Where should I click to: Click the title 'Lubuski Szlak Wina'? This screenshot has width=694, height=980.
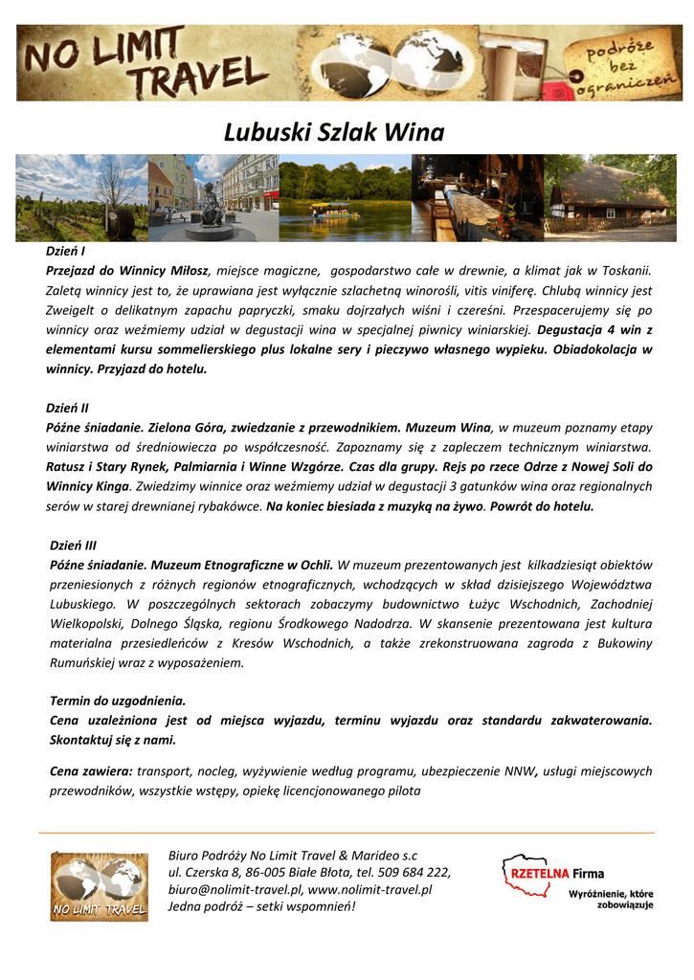[334, 132]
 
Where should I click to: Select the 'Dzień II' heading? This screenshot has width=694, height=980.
[67, 408]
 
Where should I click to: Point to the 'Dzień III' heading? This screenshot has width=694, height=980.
[73, 546]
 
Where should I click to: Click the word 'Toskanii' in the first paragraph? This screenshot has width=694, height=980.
[622, 271]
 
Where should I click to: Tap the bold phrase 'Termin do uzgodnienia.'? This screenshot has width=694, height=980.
[117, 701]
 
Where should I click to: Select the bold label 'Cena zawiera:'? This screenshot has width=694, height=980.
[91, 771]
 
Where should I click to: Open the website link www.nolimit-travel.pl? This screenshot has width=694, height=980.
[369, 890]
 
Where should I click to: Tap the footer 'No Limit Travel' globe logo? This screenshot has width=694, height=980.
[99, 887]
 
